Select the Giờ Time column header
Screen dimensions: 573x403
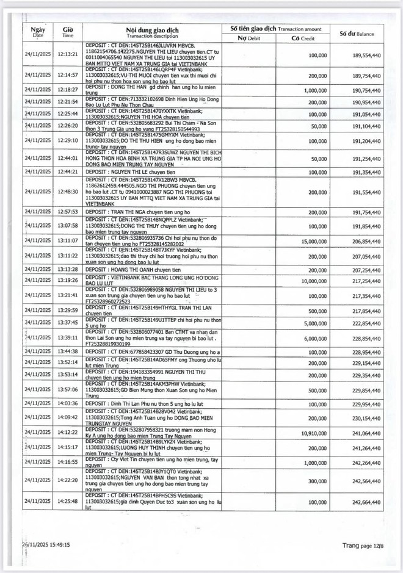coord(68,32)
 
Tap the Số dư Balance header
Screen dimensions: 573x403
coord(356,32)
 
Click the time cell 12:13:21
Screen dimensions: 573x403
coord(68,54)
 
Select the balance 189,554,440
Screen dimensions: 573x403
coord(357,54)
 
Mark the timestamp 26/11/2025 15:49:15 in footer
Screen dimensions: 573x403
coord(43,545)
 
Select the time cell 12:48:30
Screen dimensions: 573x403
coord(68,192)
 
